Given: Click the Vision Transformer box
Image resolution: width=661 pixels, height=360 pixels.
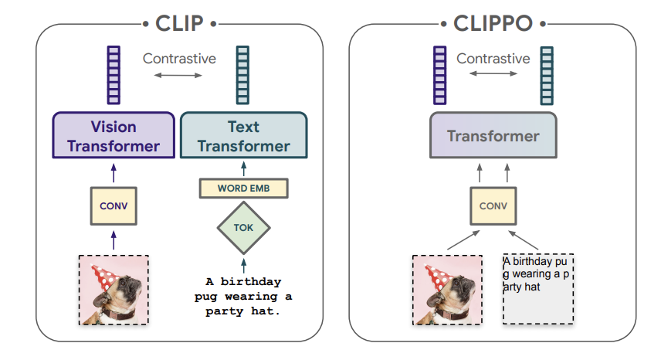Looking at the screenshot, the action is [x=114, y=135].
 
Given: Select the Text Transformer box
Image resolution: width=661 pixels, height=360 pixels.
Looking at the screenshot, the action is [x=244, y=135].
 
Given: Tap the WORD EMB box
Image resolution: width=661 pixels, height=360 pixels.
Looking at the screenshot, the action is [x=244, y=188].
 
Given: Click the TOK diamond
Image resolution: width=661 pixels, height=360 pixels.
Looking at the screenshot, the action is [x=244, y=228].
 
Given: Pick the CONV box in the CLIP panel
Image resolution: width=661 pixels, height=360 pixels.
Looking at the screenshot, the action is [x=114, y=206].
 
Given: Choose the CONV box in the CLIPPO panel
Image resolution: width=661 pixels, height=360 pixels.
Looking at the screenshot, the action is [x=493, y=206].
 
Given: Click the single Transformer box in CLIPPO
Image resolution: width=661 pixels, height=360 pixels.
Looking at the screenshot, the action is [x=493, y=135].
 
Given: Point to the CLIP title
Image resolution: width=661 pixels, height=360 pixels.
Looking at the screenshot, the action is [x=180, y=23].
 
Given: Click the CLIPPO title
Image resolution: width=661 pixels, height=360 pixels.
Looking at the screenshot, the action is [x=493, y=23].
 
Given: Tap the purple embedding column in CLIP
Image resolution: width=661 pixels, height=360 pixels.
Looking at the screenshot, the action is [x=114, y=75].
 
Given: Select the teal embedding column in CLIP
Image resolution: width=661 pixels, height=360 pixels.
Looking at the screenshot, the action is [x=242, y=75].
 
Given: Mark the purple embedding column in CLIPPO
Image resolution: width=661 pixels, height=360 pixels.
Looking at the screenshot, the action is [x=439, y=75].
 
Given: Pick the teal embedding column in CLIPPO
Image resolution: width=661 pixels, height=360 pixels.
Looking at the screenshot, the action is [x=547, y=76].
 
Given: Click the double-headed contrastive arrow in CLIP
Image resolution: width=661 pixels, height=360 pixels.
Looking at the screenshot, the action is [x=178, y=76].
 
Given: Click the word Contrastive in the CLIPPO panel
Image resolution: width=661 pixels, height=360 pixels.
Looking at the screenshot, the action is [x=493, y=59].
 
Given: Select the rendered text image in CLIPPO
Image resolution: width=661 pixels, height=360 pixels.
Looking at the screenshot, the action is [x=538, y=289].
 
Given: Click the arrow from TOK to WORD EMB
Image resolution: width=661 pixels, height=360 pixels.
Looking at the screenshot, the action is [x=244, y=169].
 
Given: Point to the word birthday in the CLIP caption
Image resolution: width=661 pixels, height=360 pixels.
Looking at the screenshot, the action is [x=251, y=281].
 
